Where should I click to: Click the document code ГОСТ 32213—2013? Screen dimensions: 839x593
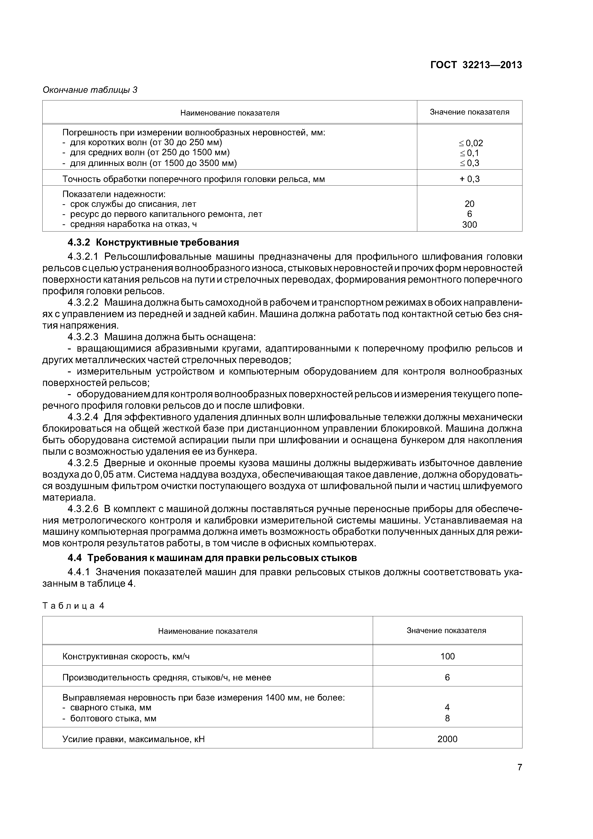pyautogui.click(x=476, y=65)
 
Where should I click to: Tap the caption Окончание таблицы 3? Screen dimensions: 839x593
pyautogui.click(x=90, y=90)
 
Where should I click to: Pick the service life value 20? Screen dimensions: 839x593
pyautogui.click(x=470, y=204)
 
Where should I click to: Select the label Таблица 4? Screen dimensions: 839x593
pyautogui.click(x=73, y=606)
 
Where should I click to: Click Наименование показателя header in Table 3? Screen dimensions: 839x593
pyautogui.click(x=230, y=113)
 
